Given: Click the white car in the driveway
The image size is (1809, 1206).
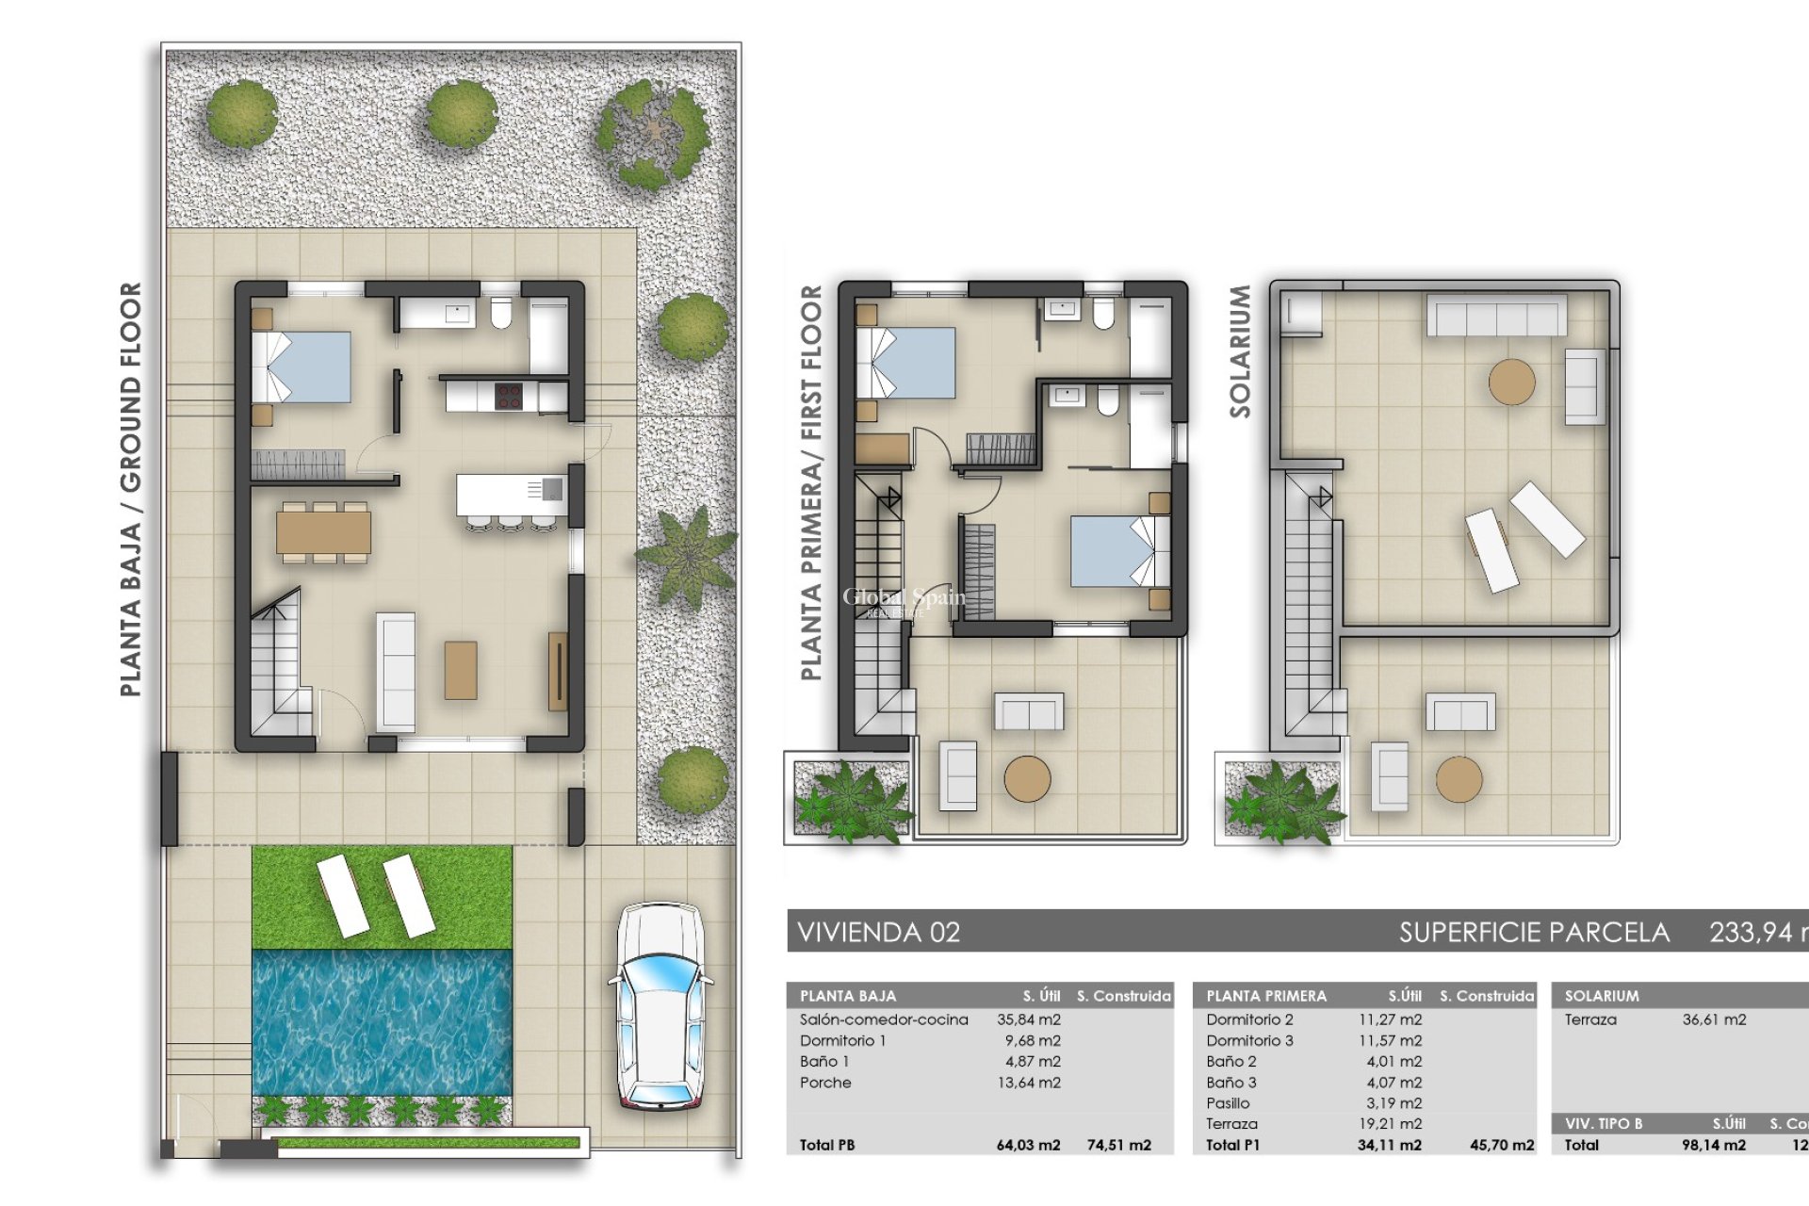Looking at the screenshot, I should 660,1006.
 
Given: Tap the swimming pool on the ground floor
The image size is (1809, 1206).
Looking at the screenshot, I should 382,1022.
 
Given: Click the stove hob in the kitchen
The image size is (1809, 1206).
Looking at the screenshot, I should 509,397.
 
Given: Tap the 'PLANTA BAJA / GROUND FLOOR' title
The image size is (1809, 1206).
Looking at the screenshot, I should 131,490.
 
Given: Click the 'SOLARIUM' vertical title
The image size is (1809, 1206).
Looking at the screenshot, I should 1240,351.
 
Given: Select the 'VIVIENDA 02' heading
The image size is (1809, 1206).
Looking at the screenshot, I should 878,933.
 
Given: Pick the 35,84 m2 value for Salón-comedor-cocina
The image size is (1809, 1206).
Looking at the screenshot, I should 1028,1019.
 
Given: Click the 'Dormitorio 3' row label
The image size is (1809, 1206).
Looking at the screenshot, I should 1248,1040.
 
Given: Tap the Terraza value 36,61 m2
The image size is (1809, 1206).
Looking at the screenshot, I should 1714,1019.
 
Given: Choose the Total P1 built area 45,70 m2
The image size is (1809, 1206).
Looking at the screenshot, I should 1502,1145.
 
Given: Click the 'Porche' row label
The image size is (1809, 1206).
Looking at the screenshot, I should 825,1083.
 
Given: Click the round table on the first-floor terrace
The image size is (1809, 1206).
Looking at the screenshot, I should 1027,779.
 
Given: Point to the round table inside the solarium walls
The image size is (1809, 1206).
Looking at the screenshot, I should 1511,382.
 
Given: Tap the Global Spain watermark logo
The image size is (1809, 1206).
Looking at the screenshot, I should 903,600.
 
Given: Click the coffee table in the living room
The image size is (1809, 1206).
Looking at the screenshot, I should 460,670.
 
